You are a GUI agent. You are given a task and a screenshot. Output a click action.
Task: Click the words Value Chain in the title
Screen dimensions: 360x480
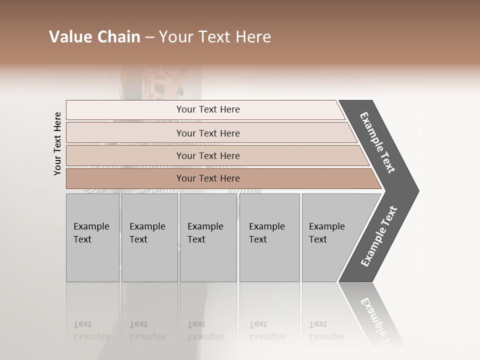coord(94,37)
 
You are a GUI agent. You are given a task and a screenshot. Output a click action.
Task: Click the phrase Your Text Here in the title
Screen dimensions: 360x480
coord(215,37)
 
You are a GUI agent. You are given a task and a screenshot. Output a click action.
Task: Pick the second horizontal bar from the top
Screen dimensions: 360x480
coord(208,133)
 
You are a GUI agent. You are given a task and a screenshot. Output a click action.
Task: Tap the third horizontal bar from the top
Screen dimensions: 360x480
coord(208,155)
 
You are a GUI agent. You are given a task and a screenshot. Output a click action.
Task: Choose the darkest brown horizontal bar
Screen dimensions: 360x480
coord(208,178)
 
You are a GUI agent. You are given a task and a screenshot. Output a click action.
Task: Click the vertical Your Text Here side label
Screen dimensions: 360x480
coord(57,143)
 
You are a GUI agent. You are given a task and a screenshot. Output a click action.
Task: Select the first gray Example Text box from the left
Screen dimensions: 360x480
coord(92,237)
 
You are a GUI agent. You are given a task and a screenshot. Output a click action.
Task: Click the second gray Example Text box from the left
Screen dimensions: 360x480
coord(149,237)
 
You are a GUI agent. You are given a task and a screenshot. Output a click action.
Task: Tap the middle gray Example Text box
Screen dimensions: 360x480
coord(208,237)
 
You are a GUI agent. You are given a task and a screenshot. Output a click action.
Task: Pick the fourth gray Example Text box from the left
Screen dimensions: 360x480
coord(269,237)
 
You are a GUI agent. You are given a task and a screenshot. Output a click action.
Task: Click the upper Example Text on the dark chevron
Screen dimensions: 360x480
coord(377,142)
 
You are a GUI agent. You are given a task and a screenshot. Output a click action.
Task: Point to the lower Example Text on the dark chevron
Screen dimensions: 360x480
coord(379,236)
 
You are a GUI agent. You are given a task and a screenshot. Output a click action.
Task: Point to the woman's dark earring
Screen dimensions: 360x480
coord(181,91)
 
